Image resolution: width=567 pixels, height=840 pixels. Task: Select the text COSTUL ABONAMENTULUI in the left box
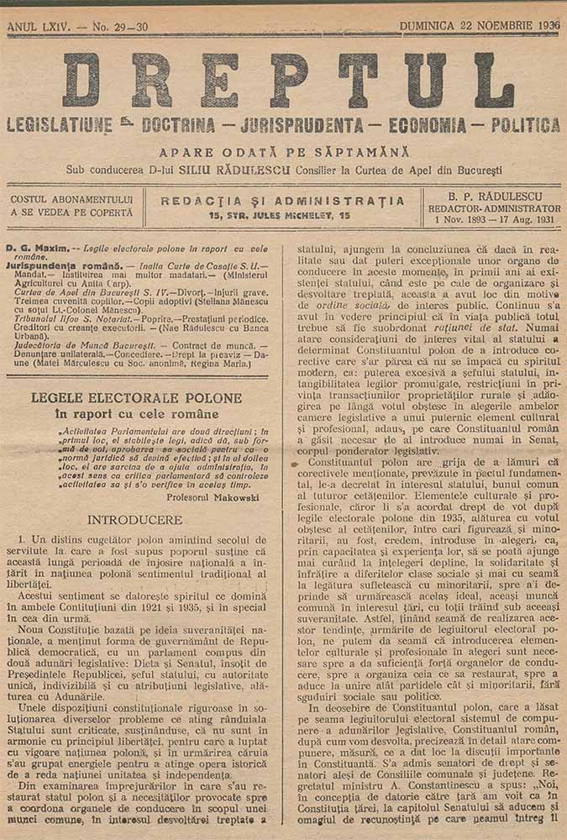pos(72,199)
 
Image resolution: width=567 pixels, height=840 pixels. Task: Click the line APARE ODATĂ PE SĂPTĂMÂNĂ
pos(284,152)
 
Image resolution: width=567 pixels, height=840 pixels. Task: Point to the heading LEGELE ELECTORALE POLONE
pos(137,397)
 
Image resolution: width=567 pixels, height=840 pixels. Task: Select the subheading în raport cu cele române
pos(137,413)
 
